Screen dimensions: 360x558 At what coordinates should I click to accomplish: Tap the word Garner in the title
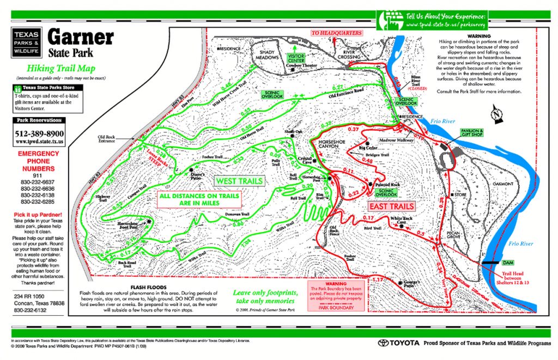coord(81,38)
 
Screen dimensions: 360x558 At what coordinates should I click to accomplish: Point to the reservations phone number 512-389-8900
coord(40,133)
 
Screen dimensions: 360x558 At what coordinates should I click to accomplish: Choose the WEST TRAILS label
coord(239,181)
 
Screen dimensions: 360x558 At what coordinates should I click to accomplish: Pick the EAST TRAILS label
coord(391,207)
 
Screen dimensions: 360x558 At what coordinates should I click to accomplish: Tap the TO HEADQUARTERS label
coord(336,33)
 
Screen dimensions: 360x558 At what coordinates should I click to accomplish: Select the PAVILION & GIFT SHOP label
coord(474,134)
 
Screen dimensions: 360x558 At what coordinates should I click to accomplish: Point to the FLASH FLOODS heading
coord(149,287)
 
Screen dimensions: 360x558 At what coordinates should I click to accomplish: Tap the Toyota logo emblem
coord(387,343)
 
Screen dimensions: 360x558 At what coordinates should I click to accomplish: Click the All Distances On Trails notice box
coord(189,199)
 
